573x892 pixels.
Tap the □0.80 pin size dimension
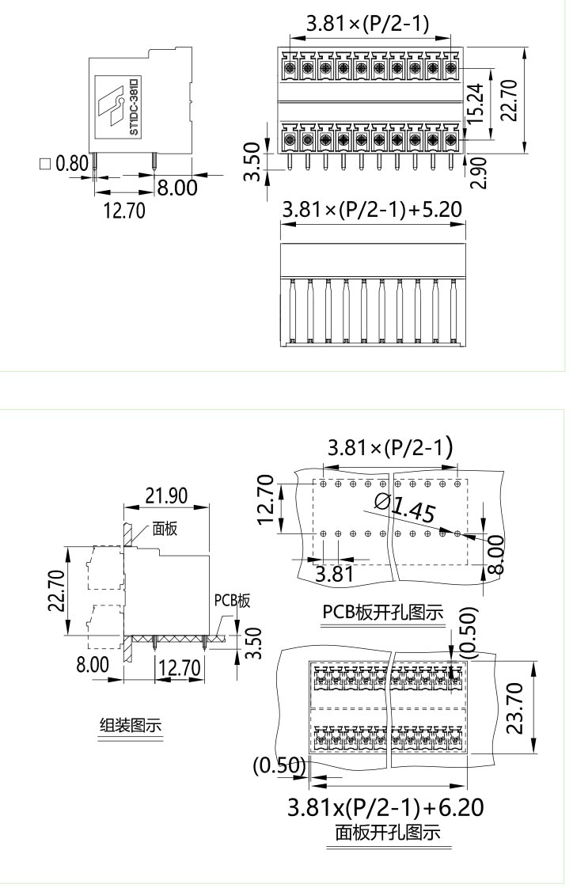coord(63,165)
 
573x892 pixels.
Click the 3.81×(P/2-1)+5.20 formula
coord(373,210)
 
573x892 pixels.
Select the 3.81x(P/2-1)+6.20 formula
coord(385,808)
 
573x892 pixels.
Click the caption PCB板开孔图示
coord(382,613)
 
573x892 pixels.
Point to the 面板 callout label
coord(165,529)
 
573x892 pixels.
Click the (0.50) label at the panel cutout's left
coord(279,765)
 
